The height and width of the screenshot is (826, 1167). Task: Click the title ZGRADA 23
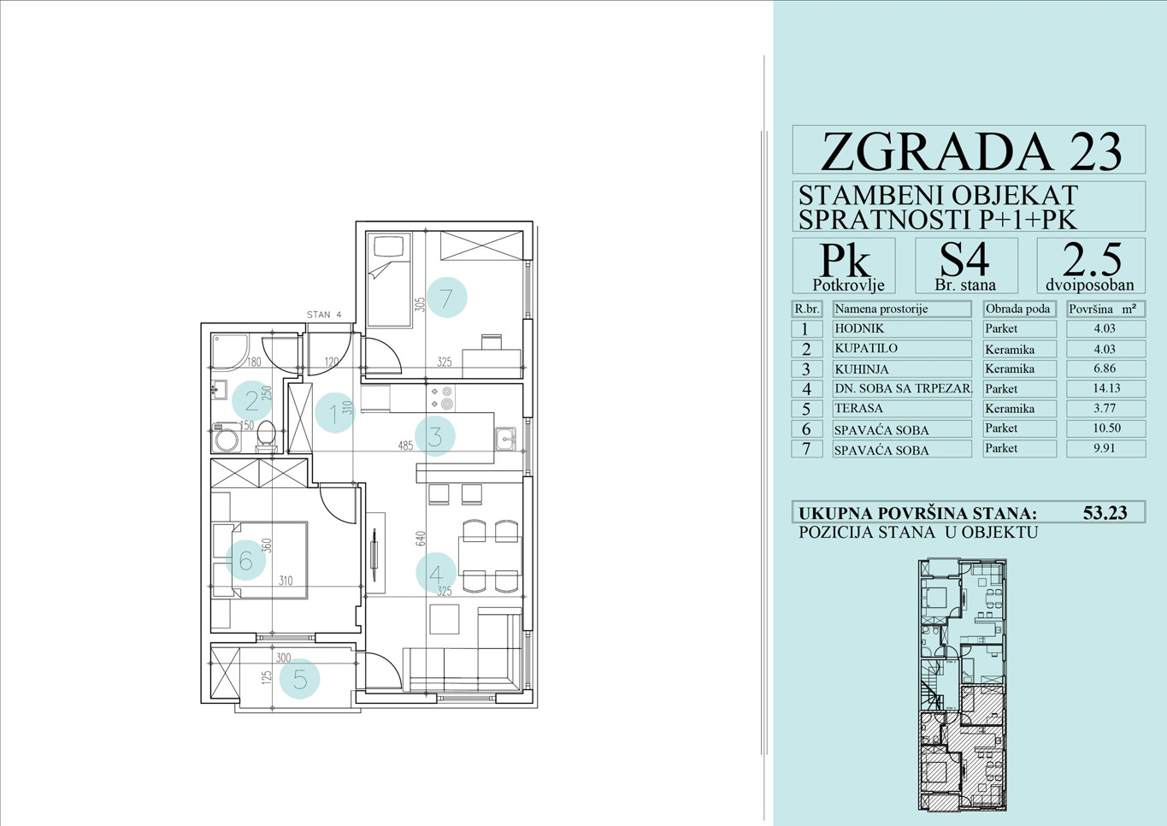(971, 151)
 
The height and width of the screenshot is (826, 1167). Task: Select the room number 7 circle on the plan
(446, 298)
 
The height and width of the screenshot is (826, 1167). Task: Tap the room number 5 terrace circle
(299, 679)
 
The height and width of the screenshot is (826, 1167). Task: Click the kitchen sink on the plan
(505, 439)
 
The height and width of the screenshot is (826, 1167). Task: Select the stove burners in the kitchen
(441, 398)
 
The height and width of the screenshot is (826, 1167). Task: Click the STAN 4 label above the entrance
(324, 315)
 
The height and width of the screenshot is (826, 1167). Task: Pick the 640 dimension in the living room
(421, 539)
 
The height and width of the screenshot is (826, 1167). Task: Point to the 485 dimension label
(405, 445)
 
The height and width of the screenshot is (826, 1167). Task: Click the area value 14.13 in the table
(1105, 388)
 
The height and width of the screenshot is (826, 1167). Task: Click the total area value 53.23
(1105, 513)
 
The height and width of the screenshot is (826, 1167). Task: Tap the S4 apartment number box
(966, 266)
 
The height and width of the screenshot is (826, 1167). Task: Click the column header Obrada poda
(1018, 309)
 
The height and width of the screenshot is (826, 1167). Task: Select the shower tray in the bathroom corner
(230, 351)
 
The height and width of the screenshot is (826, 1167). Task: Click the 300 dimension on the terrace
(284, 658)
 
